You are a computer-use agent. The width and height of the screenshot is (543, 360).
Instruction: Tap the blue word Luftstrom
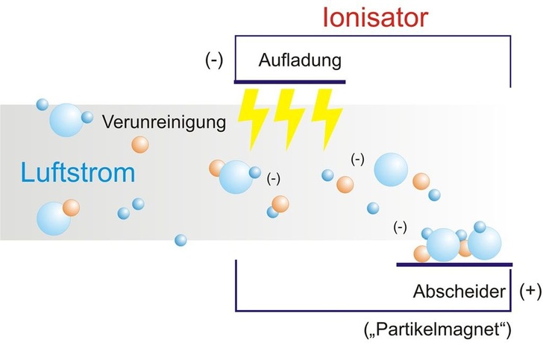pyautogui.click(x=78, y=173)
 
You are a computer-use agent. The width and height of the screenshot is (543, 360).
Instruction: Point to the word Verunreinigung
pyautogui.click(x=164, y=121)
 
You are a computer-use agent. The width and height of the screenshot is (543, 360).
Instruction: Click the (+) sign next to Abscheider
pyautogui.click(x=530, y=291)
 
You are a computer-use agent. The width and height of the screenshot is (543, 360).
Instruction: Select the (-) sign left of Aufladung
pyautogui.click(x=215, y=60)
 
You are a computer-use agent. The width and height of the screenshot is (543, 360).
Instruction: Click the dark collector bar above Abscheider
pyautogui.click(x=454, y=264)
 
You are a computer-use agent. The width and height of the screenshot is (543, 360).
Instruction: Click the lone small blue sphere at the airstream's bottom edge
pyautogui.click(x=180, y=240)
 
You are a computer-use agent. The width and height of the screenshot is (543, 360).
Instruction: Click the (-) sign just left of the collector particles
pyautogui.click(x=401, y=227)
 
